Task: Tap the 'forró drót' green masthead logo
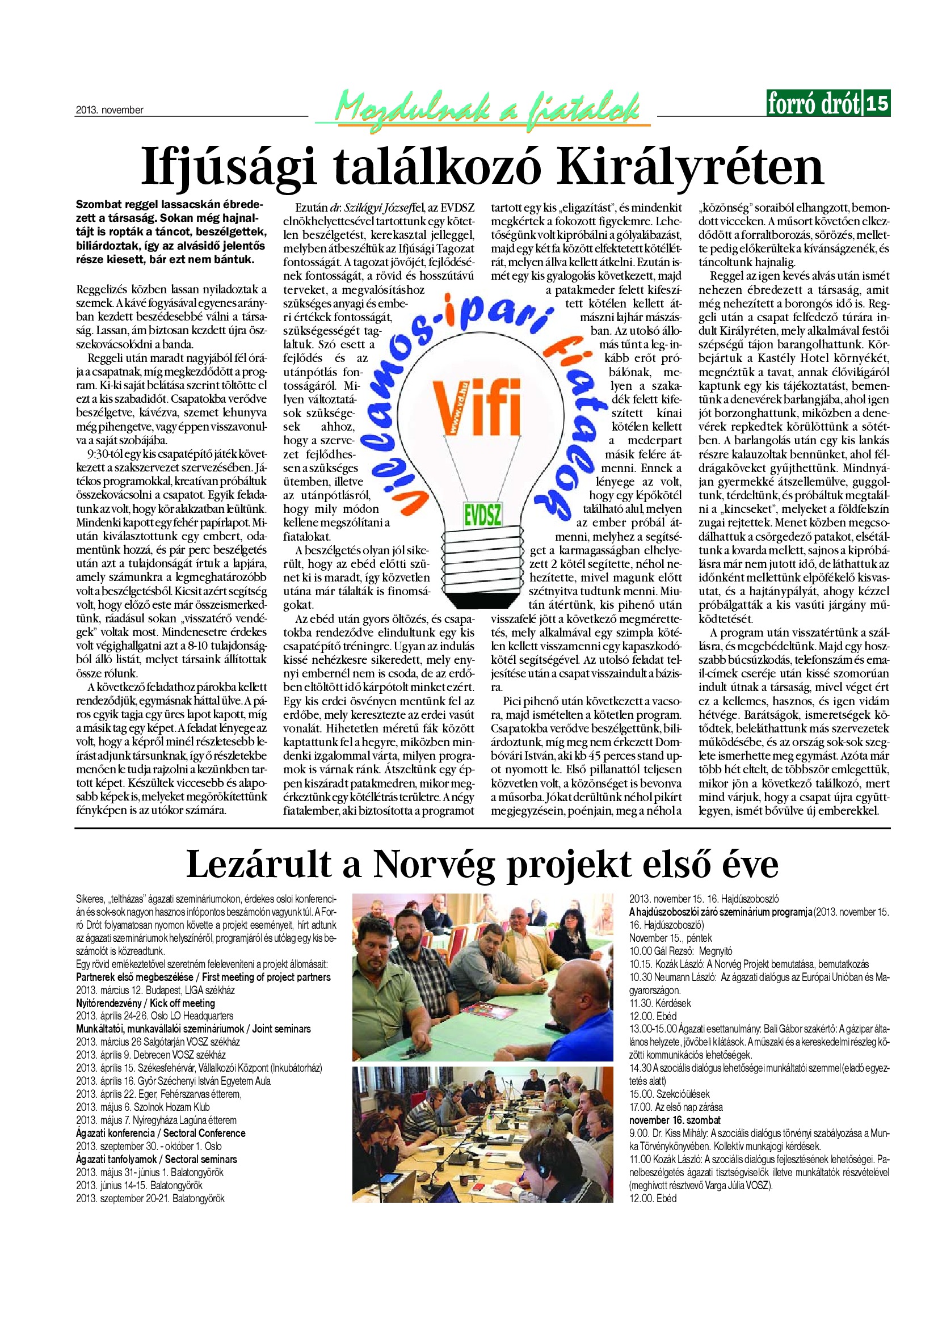814,103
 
